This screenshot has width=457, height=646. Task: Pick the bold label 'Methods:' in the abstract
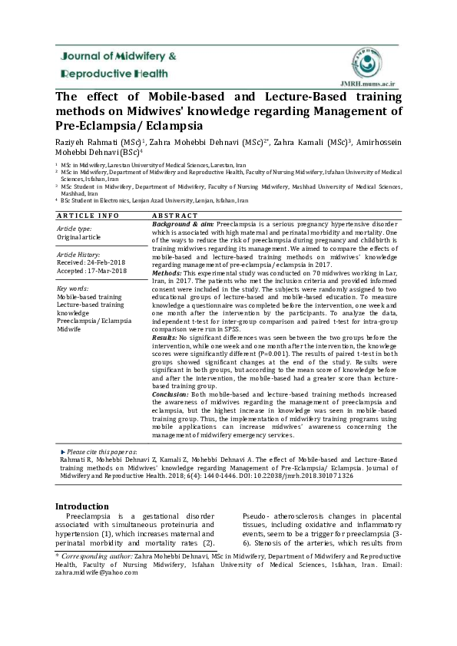(x=167, y=273)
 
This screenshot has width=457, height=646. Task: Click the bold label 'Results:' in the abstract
(x=165, y=337)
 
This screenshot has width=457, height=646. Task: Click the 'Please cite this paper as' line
(x=102, y=453)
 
